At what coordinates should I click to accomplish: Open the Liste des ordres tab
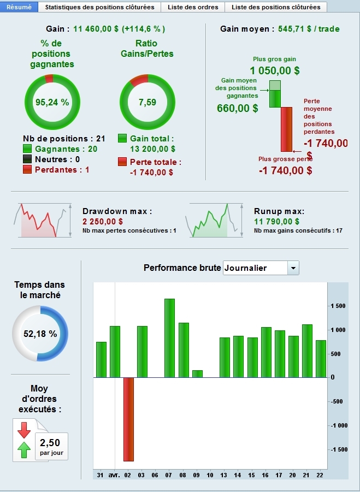pyautogui.click(x=193, y=7)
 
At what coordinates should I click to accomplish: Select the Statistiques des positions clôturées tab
pyautogui.click(x=99, y=7)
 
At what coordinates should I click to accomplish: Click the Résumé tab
pyautogui.click(x=19, y=7)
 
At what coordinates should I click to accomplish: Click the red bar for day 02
pyautogui.click(x=128, y=419)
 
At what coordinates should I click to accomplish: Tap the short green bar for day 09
pyautogui.click(x=197, y=374)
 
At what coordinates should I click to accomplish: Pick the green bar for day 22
pyautogui.click(x=321, y=359)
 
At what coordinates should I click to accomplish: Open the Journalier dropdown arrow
pyautogui.click(x=293, y=268)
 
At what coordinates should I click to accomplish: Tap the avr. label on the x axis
pyautogui.click(x=114, y=475)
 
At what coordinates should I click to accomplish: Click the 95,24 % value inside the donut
pyautogui.click(x=52, y=102)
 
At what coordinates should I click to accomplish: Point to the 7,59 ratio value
pyautogui.click(x=147, y=102)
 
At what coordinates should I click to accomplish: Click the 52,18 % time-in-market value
pyautogui.click(x=40, y=334)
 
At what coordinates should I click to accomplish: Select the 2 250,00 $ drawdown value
pyautogui.click(x=103, y=221)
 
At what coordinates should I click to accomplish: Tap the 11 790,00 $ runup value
pyautogui.click(x=276, y=221)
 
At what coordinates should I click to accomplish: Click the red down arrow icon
pyautogui.click(x=24, y=430)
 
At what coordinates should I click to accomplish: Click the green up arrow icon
pyautogui.click(x=24, y=450)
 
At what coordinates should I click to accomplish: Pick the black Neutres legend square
pyautogui.click(x=27, y=159)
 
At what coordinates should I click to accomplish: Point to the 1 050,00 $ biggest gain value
pyautogui.click(x=275, y=70)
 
